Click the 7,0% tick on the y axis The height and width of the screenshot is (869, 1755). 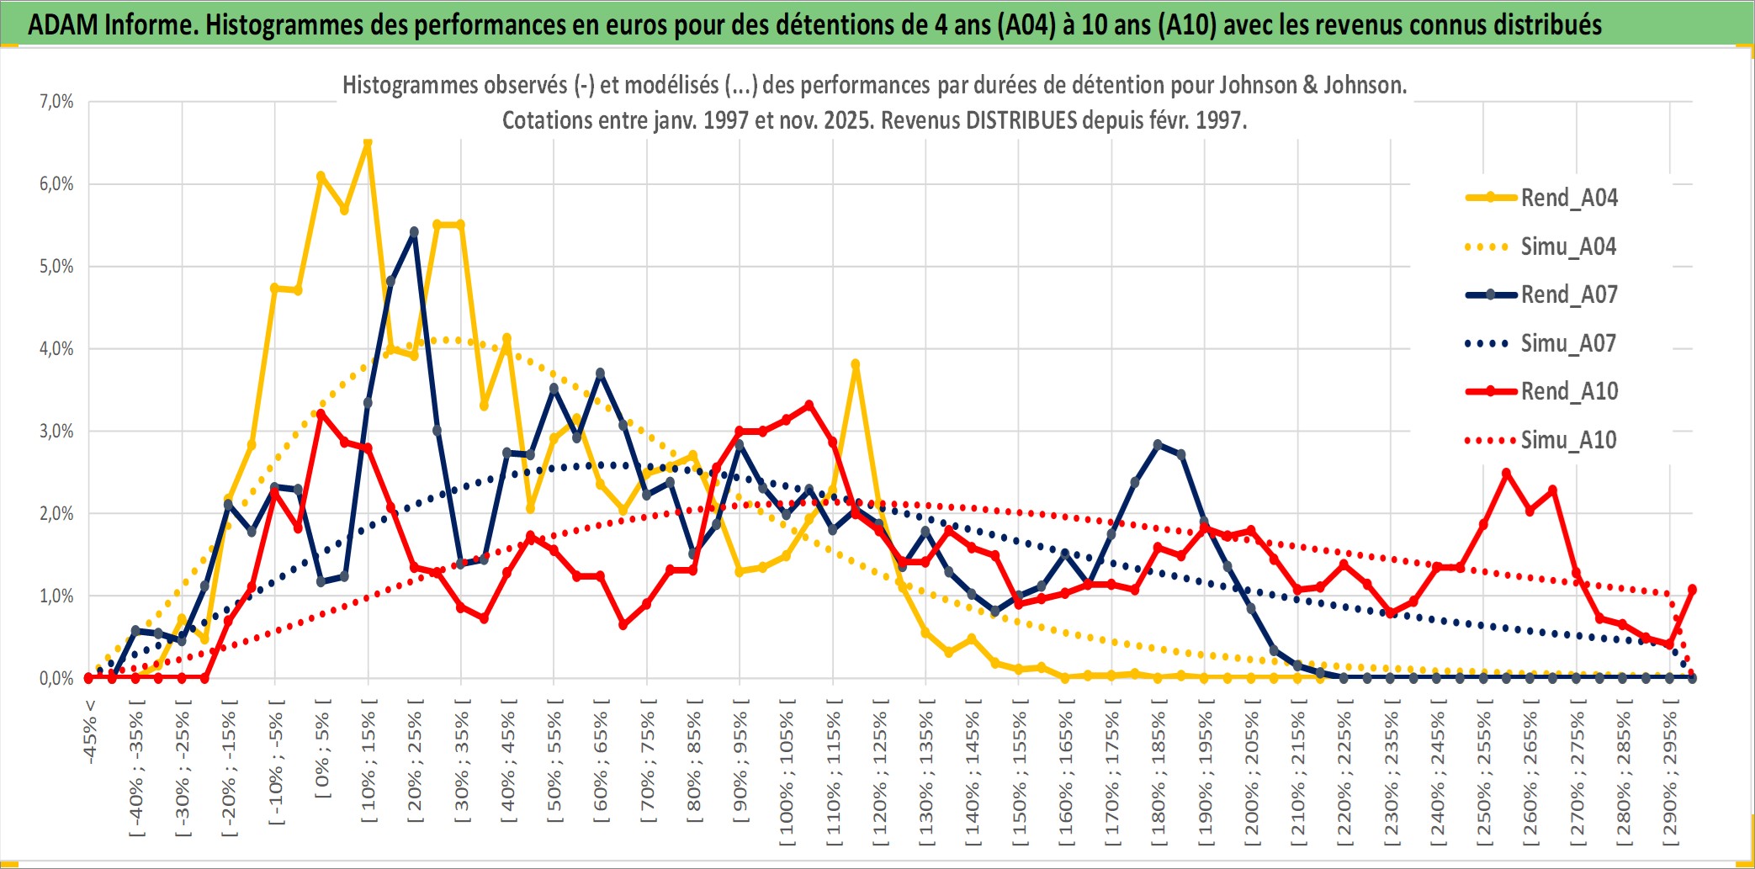click(x=56, y=102)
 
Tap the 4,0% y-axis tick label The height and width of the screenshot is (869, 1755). click(x=56, y=348)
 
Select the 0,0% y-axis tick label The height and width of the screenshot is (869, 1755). click(x=56, y=678)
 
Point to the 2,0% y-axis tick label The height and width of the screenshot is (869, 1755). click(x=56, y=513)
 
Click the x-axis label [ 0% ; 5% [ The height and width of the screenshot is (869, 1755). click(x=322, y=749)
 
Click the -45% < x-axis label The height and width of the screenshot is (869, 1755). click(x=90, y=732)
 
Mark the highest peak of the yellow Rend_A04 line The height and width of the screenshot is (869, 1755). click(x=368, y=144)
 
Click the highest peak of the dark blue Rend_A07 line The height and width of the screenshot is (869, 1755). click(x=414, y=231)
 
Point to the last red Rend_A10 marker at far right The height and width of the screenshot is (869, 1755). click(x=1692, y=589)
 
